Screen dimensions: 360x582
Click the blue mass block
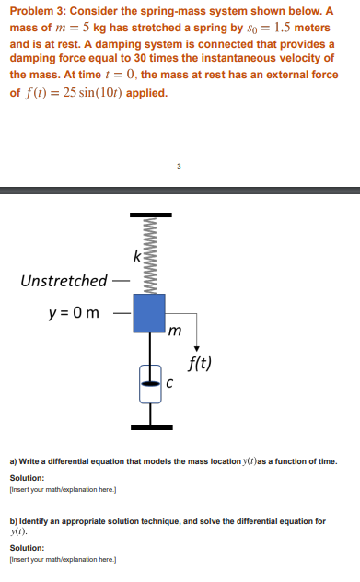click(x=148, y=313)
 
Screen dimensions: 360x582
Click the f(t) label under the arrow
click(x=199, y=362)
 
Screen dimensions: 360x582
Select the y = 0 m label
click(x=75, y=314)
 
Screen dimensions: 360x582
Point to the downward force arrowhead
click(x=196, y=345)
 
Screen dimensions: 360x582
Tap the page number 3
click(x=180, y=167)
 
